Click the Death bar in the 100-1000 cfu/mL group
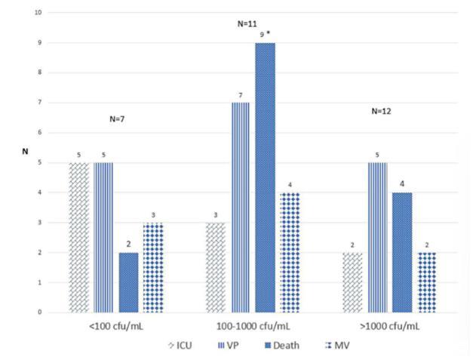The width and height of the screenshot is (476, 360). tap(265, 177)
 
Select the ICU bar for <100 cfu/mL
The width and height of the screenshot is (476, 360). tap(78, 237)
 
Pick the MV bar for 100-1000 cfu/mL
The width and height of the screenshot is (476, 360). tap(289, 252)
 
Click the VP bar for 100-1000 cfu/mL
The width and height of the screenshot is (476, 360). tap(241, 208)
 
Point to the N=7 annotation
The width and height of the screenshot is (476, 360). tap(113, 118)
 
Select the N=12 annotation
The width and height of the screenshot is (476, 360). tap(382, 111)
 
